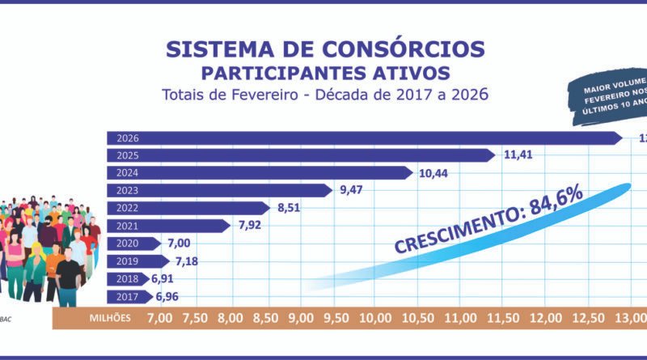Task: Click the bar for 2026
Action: [364, 138]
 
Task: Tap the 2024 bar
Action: [259, 173]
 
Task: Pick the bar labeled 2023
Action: [218, 191]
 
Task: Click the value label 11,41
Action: [518, 155]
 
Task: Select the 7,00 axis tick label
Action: [159, 318]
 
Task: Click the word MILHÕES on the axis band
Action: [109, 318]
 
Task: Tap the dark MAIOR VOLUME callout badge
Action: [611, 98]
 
